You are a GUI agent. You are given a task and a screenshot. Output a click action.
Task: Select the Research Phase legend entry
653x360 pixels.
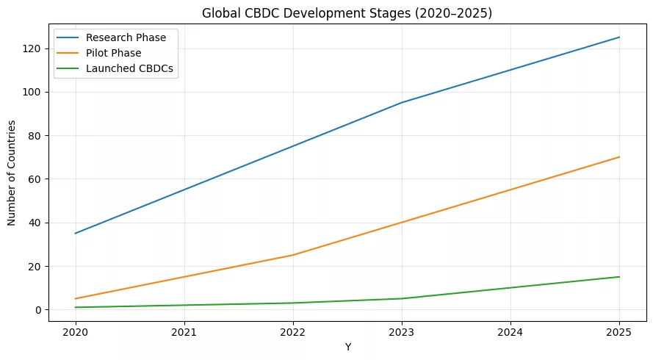[x=125, y=37]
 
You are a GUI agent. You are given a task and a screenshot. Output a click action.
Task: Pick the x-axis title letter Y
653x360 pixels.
[x=347, y=347]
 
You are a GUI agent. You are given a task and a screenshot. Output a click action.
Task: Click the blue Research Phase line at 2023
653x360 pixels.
[x=402, y=103]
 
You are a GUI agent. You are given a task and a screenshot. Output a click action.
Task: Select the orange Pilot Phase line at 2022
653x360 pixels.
[x=292, y=255]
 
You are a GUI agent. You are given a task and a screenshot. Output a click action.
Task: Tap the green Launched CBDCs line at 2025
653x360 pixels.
[x=619, y=277]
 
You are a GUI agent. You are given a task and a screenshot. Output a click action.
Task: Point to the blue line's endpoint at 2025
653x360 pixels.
[x=619, y=37]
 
